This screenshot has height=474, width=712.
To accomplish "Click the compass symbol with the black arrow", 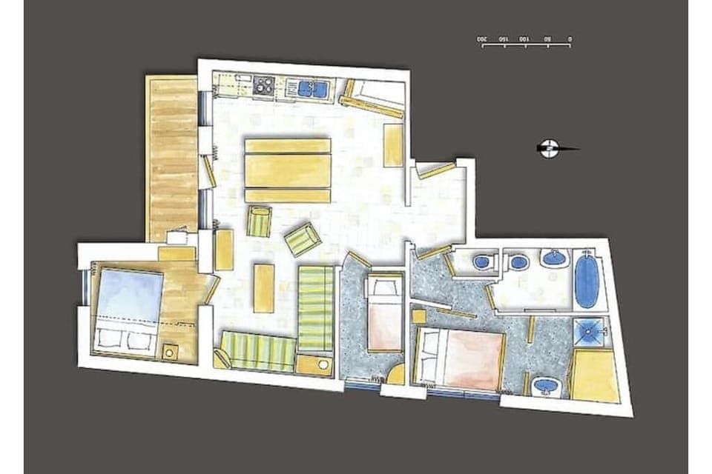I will click(549, 148).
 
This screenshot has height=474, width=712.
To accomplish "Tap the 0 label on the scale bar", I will click(570, 38).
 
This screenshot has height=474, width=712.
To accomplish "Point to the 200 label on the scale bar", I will click(482, 38).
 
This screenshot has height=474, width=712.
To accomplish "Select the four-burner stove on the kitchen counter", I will click(263, 87).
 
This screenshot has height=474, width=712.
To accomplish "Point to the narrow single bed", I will click(385, 313).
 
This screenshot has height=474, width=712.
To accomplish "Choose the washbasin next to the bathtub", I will click(554, 258).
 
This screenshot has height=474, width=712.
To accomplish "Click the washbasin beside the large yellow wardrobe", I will click(547, 385).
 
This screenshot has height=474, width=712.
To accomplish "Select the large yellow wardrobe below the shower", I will click(595, 376).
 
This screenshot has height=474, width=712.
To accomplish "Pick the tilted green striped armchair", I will click(303, 238).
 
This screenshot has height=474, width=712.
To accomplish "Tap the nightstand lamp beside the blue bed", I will click(170, 351).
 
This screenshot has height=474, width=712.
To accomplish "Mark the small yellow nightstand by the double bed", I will click(419, 316).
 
